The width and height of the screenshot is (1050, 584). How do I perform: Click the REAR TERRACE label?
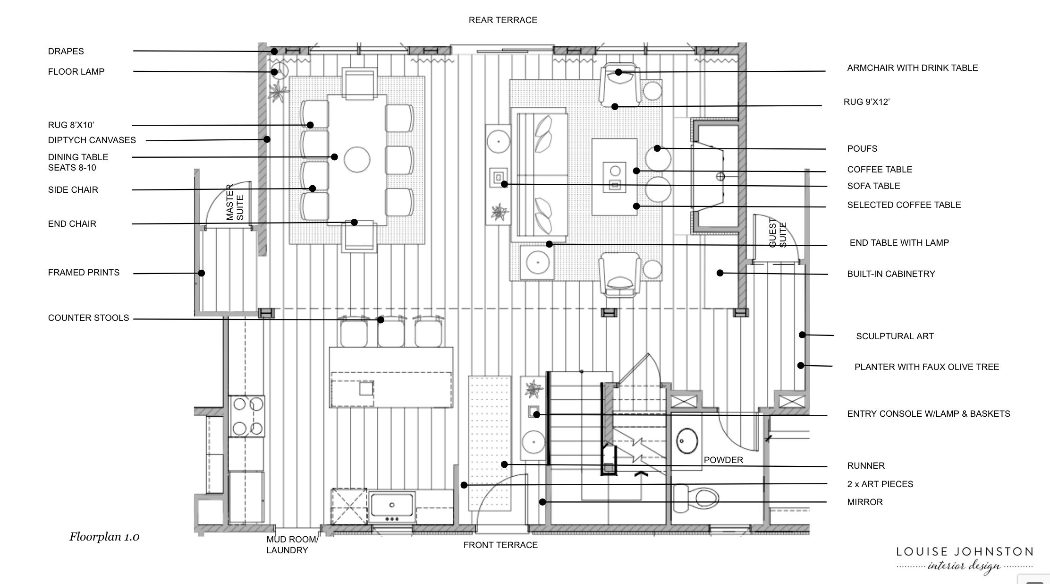coord(503,20)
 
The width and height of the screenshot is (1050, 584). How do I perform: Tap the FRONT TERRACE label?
coord(500,545)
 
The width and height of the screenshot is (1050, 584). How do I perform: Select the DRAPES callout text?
coord(66,52)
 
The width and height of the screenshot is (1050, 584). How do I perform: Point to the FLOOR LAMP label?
coord(76,72)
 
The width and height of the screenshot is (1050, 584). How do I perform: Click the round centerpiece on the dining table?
coord(357,160)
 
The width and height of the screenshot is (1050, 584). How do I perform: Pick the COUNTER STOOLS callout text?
coord(88,318)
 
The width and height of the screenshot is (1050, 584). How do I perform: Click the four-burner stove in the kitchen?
coord(247,416)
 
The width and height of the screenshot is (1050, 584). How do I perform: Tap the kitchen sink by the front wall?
coord(392,507)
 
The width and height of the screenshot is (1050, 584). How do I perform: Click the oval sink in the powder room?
coord(687,441)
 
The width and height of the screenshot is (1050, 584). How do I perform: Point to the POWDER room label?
coord(723,460)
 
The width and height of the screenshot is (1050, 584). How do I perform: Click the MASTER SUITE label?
coord(235,202)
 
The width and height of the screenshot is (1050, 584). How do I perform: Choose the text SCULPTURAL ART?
coord(895,336)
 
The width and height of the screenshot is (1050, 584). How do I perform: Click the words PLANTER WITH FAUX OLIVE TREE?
coord(927,367)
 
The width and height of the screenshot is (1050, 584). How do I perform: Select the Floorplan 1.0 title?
coord(104,537)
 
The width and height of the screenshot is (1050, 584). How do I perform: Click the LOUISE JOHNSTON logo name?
coord(965,552)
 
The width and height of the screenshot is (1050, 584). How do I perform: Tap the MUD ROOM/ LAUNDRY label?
coord(292,545)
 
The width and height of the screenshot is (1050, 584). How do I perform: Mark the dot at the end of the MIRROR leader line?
coord(543,502)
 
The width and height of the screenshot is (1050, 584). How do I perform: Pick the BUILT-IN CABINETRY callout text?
coord(891,274)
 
